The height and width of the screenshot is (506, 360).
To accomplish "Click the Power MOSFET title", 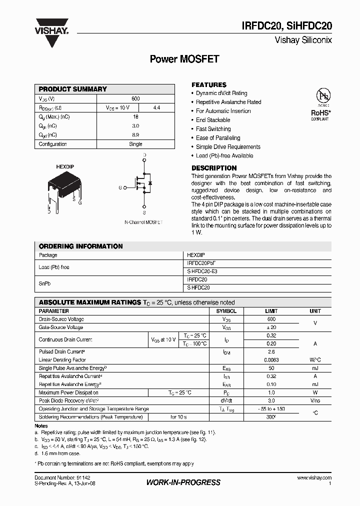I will tap(184, 59).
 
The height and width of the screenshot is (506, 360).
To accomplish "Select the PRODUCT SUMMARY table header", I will tap(73, 89).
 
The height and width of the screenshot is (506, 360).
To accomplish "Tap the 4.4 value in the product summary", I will tap(156, 107).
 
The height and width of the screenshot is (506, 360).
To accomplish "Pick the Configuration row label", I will tap(53, 144).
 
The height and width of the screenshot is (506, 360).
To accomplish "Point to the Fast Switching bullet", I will tap(213, 129).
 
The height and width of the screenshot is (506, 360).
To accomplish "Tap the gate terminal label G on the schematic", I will tap(120, 187).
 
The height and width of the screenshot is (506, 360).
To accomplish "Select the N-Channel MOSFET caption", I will tap(143, 222).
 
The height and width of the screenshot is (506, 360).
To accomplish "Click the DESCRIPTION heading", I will tap(214, 168).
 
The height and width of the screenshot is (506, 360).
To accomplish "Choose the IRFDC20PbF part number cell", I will tap(201, 263).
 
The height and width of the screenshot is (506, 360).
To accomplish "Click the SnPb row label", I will tap(45, 283).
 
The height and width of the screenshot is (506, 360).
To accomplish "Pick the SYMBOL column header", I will tap(226, 311).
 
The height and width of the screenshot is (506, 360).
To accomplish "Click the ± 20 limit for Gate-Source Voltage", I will tap(271, 327).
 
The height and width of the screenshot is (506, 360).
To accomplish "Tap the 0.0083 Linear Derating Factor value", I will tap(271, 359).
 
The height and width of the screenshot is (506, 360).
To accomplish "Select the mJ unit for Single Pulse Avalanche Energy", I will tap(315, 368).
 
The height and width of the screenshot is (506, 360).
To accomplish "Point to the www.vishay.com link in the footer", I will tap(314, 478).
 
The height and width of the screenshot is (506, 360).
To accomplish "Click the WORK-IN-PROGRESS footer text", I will tap(183, 482).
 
